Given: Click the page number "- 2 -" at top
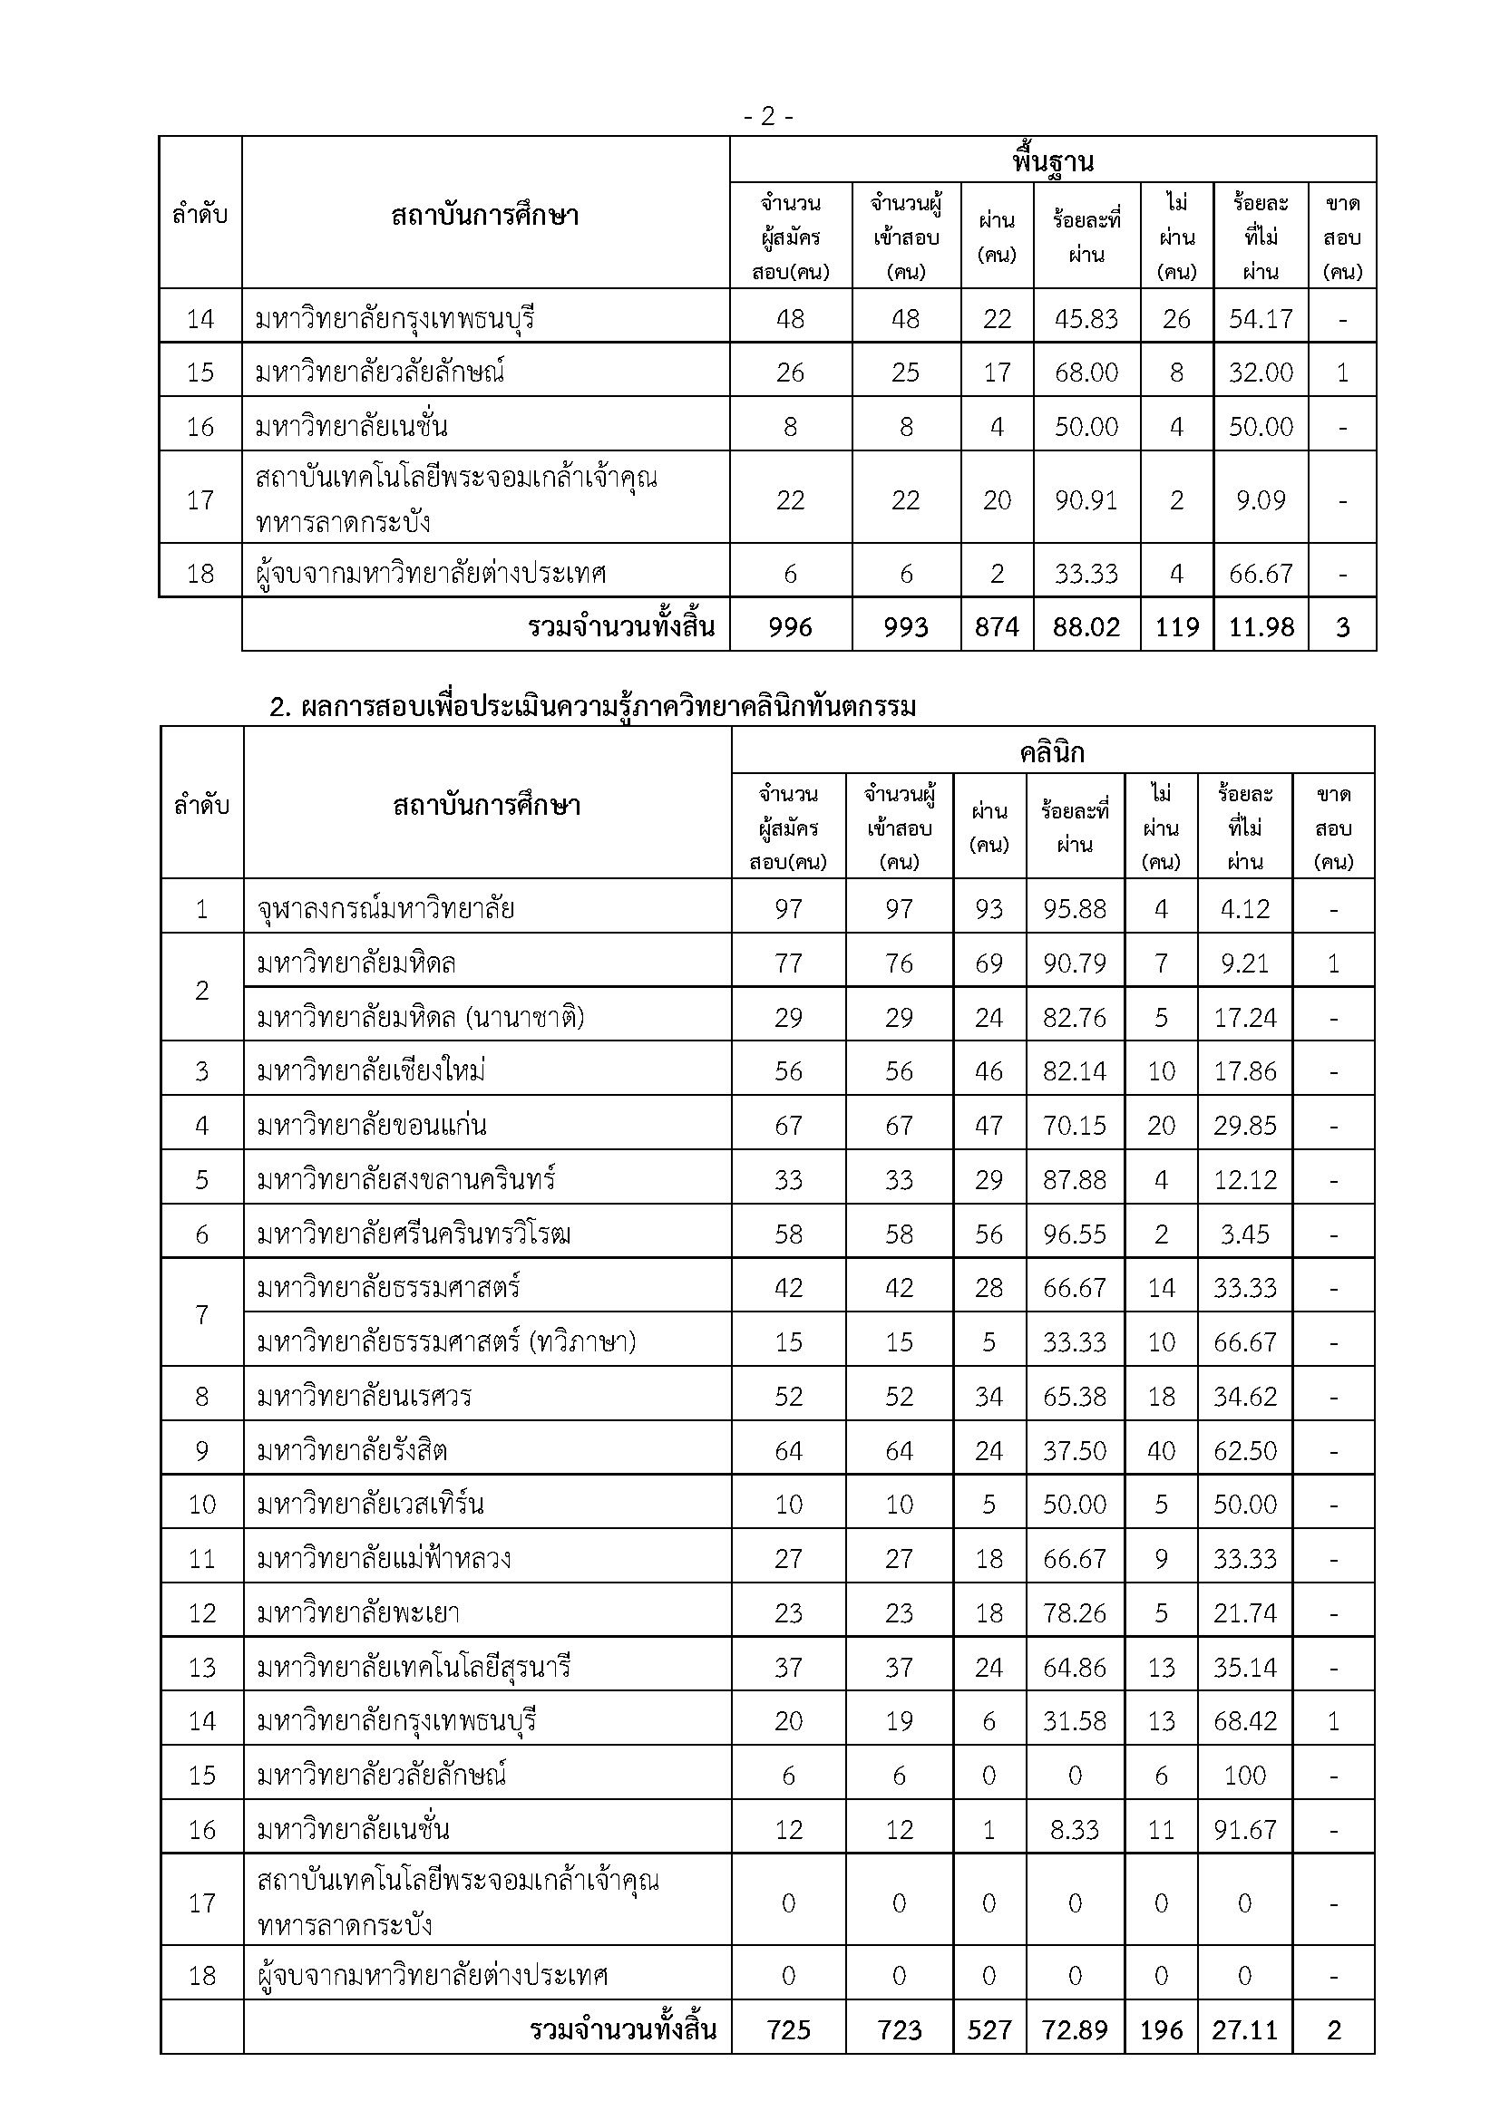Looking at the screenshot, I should tap(767, 117).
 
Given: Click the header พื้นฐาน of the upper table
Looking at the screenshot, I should tap(1052, 161).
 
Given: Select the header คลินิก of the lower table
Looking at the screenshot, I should tap(1052, 752).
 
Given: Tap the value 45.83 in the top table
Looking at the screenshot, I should tap(1086, 318).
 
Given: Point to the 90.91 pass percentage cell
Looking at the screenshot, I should tap(1086, 499).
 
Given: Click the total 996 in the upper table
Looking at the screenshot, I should tap(790, 627).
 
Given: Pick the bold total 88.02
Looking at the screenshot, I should tap(1086, 627).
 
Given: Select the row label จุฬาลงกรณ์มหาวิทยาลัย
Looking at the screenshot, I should tap(385, 908).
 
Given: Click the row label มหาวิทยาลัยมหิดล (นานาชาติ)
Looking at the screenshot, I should tap(420, 1017).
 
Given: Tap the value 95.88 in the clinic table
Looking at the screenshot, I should tap(1074, 908).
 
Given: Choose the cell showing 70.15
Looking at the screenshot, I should tap(1074, 1125).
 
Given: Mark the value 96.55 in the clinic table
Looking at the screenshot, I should tap(1074, 1234).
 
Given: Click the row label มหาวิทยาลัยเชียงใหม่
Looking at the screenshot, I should tap(371, 1070).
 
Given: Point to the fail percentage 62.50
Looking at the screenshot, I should tap(1244, 1450).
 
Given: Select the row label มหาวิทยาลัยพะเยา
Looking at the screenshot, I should tap(358, 1613).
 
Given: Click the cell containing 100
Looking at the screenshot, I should tap(1244, 1775).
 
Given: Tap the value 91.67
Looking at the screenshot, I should tap(1244, 1829).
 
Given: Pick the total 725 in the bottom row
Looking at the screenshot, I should tap(788, 2029).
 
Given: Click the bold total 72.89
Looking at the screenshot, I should tap(1074, 2029).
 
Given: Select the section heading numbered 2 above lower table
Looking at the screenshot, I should tap(592, 706).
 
